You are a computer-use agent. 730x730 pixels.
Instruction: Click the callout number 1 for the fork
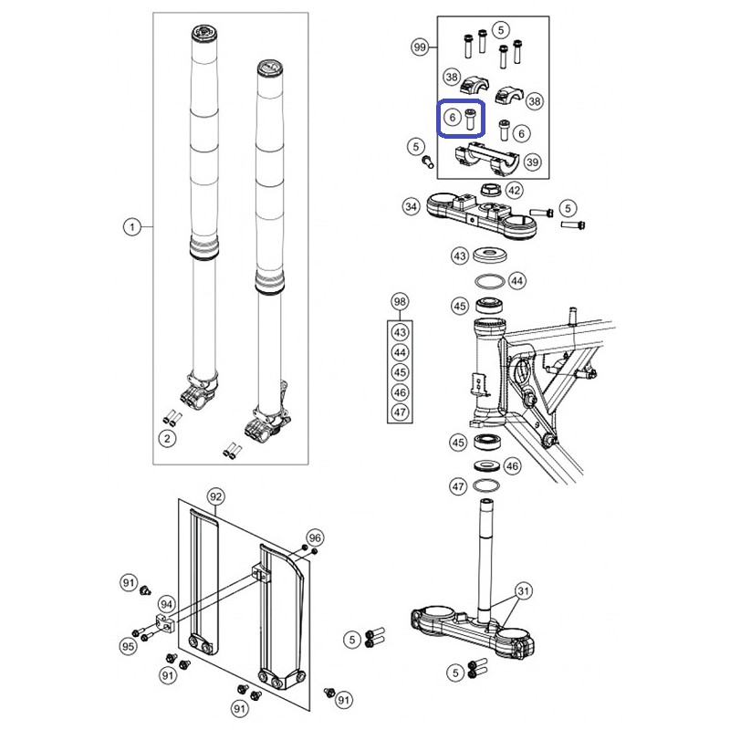coord(132,227)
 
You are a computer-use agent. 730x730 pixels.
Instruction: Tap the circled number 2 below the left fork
coord(167,439)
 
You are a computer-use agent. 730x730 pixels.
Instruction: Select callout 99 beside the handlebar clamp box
coord(420,47)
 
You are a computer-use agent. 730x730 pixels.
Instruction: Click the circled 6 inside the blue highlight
coord(452,118)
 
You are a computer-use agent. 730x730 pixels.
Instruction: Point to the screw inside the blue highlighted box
coord(471,120)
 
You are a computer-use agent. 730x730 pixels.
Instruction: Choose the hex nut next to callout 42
coord(491,190)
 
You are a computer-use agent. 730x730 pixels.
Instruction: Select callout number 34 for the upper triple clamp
coord(412,206)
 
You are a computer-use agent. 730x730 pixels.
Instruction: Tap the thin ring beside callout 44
coord(490,281)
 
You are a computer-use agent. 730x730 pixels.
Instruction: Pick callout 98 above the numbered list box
coord(400,302)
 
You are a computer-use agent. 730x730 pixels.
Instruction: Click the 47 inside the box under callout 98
coord(400,412)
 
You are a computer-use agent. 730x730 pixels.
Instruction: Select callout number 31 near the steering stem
coord(524,591)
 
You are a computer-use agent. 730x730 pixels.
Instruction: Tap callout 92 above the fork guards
coord(215,496)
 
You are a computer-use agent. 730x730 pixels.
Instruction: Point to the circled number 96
coord(315,537)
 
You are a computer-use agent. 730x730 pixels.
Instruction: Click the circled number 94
coord(166,604)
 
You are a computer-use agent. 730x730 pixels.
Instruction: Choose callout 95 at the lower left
coord(128,646)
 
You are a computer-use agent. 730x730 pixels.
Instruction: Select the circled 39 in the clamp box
coord(532,162)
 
